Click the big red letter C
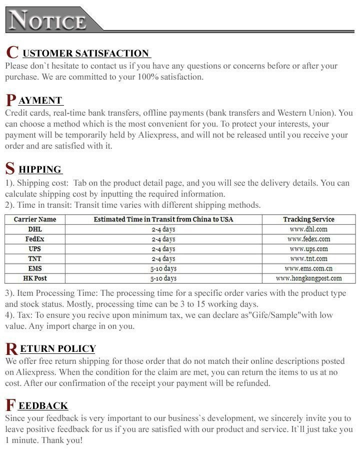[12, 53]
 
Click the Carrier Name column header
[35, 219]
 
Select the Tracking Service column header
[308, 219]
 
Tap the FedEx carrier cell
[35, 239]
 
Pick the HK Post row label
[35, 278]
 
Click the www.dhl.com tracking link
[308, 229]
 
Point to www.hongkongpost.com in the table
[308, 278]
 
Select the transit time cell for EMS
[163, 268]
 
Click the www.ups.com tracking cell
[308, 249]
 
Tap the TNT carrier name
[35, 258]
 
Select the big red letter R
[11, 349]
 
